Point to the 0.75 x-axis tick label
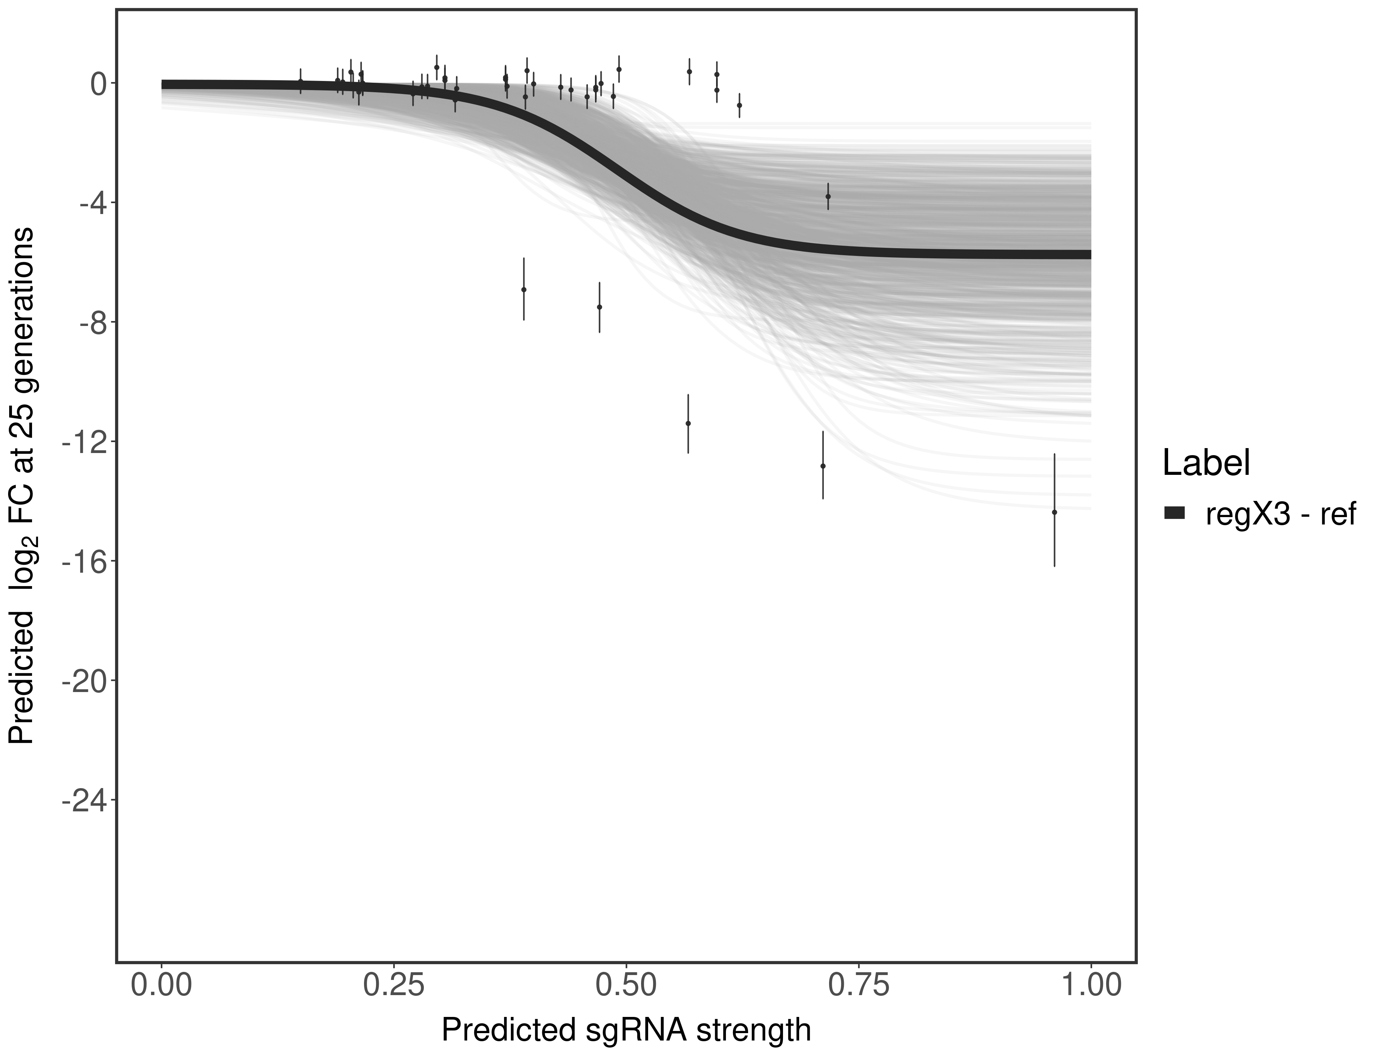pyautogui.click(x=859, y=984)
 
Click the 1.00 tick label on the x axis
pyautogui.click(x=1091, y=984)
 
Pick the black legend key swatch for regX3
pyautogui.click(x=1174, y=514)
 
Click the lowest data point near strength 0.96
pyautogui.click(x=1054, y=512)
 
